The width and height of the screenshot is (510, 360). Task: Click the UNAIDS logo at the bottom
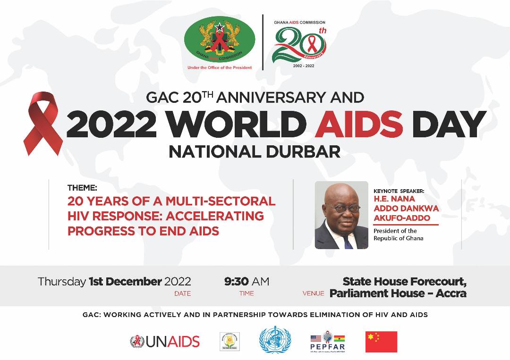[165, 341]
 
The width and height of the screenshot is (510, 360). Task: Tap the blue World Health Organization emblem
[275, 340]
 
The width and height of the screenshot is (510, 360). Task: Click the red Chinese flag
[381, 342]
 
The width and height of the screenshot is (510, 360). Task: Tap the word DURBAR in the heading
[306, 152]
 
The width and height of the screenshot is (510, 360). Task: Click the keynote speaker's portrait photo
[341, 215]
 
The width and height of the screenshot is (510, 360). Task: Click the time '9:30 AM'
[246, 282]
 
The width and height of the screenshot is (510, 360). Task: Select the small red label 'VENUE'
[313, 293]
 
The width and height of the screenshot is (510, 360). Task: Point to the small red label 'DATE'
[182, 293]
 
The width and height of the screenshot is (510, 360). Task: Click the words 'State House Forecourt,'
[405, 282]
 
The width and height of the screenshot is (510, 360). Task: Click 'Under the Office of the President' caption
[220, 67]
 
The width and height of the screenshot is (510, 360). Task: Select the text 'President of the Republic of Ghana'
[395, 234]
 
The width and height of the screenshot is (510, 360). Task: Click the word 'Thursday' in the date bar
[62, 282]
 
